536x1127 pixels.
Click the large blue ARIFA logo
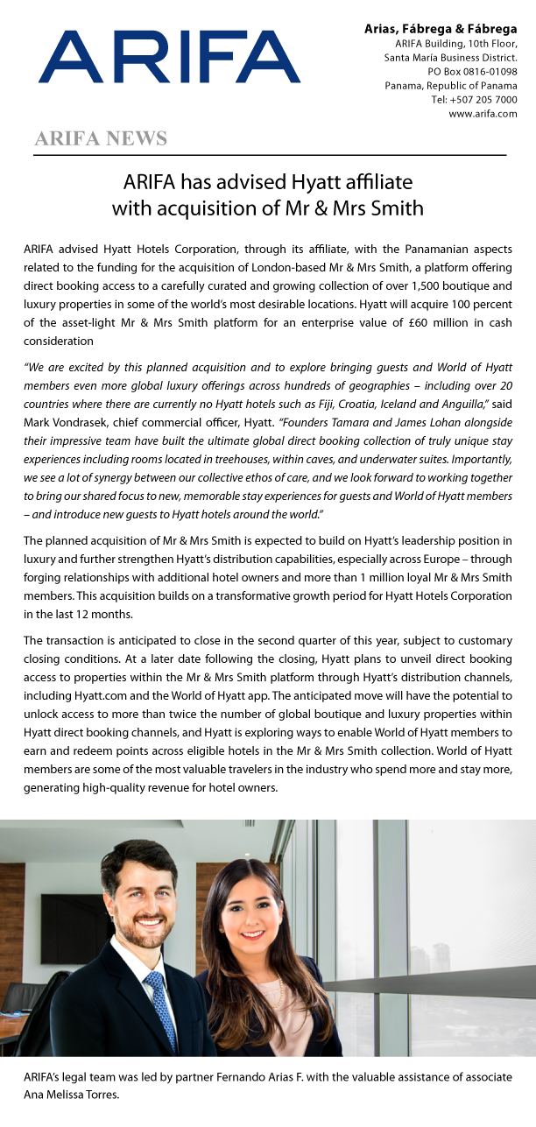click(169, 57)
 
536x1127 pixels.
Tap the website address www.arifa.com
click(483, 114)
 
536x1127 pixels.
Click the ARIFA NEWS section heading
click(101, 138)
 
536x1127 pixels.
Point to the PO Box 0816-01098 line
click(472, 72)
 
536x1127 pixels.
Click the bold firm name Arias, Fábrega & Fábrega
click(441, 30)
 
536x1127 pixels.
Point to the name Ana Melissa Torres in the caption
click(74, 1094)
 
